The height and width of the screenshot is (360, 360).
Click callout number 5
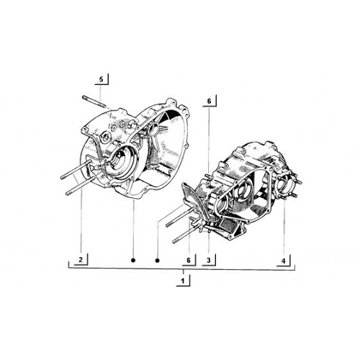[x=101, y=79]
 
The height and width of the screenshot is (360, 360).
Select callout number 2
[x=81, y=259]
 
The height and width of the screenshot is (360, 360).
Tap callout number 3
[x=209, y=260]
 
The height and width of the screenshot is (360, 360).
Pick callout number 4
[x=284, y=261]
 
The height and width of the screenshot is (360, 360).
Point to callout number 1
[x=183, y=281]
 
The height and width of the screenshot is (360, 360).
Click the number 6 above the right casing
[x=209, y=102]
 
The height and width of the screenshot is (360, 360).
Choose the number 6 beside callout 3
[x=189, y=260]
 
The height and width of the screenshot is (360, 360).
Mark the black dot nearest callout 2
[x=133, y=260]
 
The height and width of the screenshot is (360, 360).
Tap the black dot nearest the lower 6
[x=158, y=260]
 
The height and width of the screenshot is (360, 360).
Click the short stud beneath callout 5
[x=94, y=101]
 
